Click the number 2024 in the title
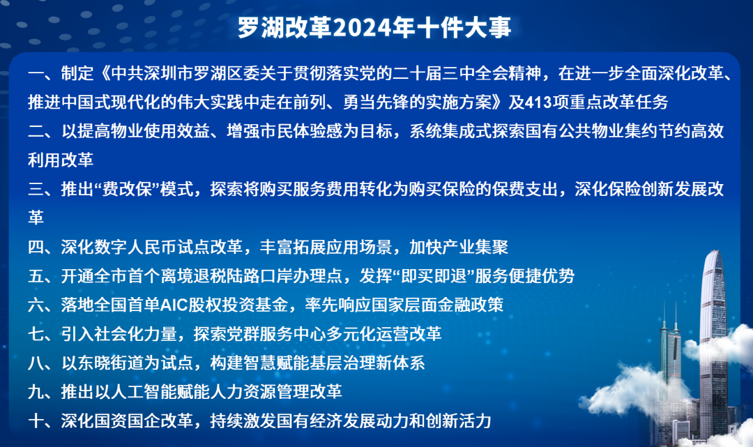363,27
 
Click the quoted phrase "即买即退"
434,276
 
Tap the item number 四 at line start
36,248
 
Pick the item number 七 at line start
36,334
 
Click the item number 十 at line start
36,421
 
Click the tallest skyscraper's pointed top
715,250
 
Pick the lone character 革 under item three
36,218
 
